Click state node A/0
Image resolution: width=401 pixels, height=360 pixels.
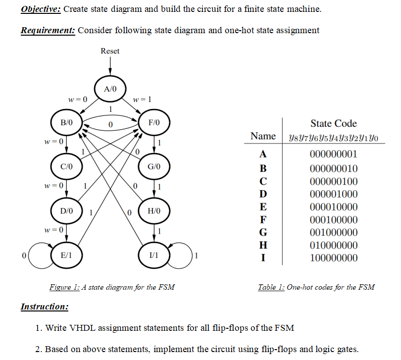[110, 89]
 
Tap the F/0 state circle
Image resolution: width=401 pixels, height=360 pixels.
[154, 122]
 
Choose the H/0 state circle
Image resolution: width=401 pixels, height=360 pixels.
[154, 210]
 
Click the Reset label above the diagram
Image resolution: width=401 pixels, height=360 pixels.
[110, 51]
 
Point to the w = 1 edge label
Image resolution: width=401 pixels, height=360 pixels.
[143, 100]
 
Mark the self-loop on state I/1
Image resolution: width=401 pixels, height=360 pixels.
[184, 255]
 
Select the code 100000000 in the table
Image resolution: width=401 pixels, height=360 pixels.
[333, 258]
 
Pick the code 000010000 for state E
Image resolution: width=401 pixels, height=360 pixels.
[333, 206]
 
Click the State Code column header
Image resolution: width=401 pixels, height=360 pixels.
[333, 123]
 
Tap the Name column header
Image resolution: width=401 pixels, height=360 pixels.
[263, 136]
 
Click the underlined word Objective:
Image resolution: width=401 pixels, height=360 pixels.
[41, 9]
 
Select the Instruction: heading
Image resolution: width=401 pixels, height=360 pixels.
[44, 307]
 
